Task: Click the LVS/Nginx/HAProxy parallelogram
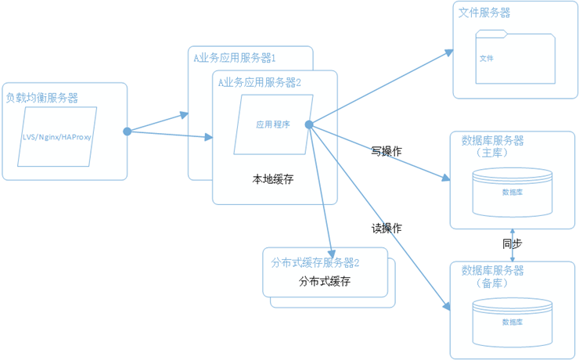[x=64, y=137]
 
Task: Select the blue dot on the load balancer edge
[x=127, y=131]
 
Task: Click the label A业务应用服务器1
[x=234, y=57]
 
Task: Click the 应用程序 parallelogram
[x=273, y=124]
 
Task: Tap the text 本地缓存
[x=272, y=179]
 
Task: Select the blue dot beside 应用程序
[x=309, y=124]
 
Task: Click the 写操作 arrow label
[x=386, y=151]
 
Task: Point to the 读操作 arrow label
[x=386, y=228]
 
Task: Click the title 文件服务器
[x=484, y=13]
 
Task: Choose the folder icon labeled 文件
[x=516, y=58]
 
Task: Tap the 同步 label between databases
[x=512, y=244]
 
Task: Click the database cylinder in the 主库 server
[x=512, y=192]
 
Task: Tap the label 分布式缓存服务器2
[x=315, y=261]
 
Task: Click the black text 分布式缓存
[x=324, y=281]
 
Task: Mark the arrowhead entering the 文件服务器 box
[x=449, y=52]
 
